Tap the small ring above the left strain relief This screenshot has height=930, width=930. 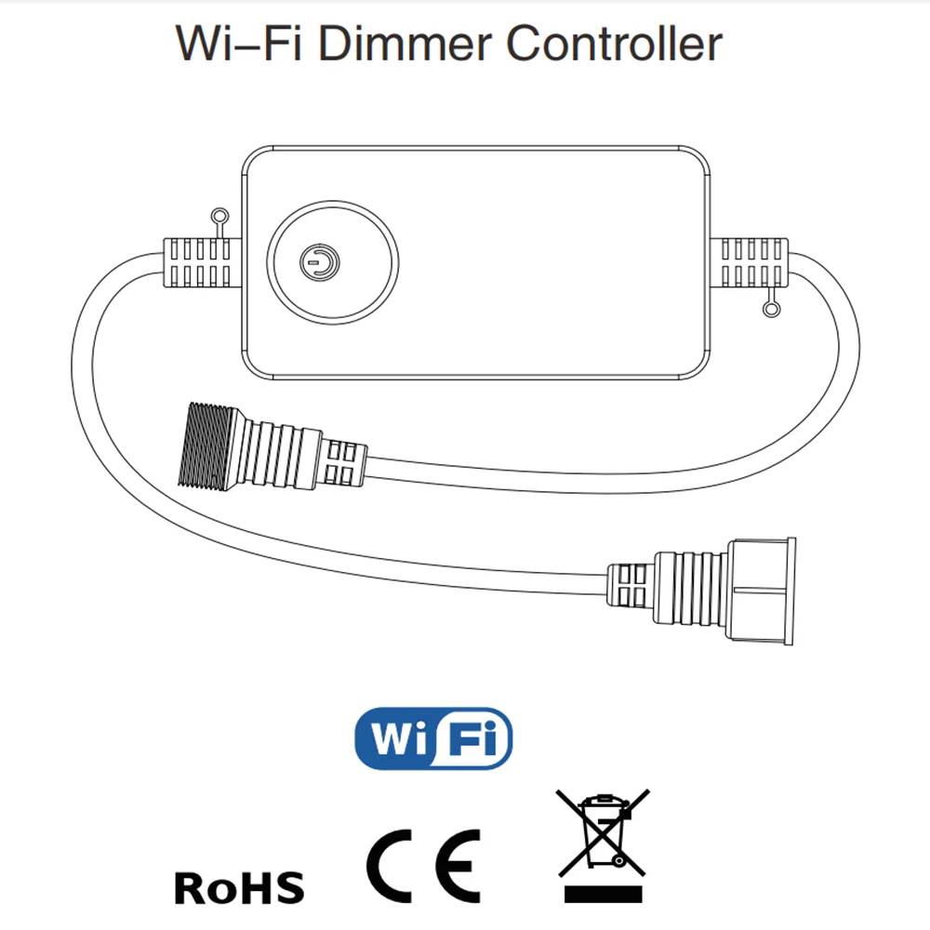[219, 217]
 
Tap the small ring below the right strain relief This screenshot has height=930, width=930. [769, 308]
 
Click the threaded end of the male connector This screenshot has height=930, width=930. [204, 444]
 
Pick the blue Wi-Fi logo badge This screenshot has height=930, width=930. [434, 738]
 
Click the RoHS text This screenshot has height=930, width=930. [239, 886]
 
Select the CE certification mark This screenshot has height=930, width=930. [423, 865]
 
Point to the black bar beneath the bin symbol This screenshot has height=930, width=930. [603, 895]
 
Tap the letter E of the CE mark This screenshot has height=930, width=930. [457, 865]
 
